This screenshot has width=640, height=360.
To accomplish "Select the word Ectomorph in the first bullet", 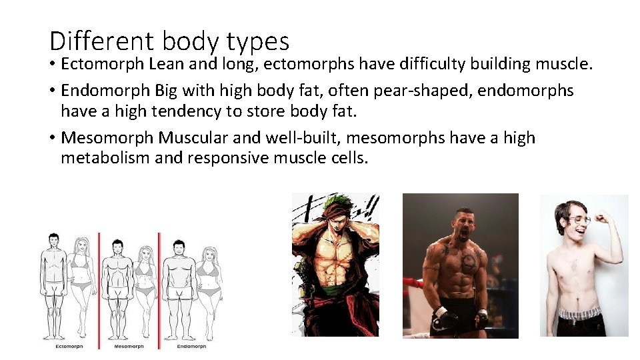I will pos(103,64).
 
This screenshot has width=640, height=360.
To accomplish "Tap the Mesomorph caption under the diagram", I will pos(129,346).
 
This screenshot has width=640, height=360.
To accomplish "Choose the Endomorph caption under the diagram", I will pos(191,346).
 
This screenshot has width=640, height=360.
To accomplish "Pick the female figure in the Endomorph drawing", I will pos(209,283).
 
